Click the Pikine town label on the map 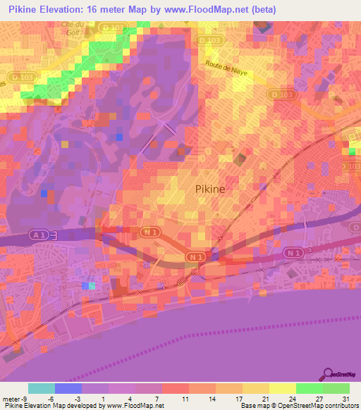[x=211, y=189]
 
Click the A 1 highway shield [x=39, y=233]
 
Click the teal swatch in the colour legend [x=42, y=388]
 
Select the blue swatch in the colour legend [x=68, y=388]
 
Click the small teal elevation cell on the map [x=92, y=285]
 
